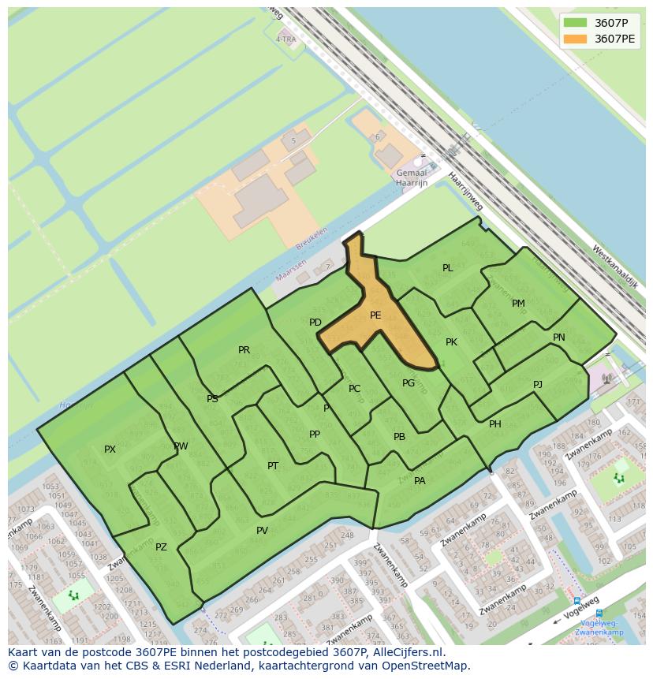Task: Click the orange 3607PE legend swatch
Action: [x=576, y=39]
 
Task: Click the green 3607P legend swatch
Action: [x=576, y=23]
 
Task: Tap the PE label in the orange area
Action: [x=375, y=315]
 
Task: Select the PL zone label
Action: [x=447, y=268]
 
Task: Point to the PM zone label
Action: [x=518, y=304]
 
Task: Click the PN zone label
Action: [x=558, y=338]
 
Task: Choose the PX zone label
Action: [x=110, y=450]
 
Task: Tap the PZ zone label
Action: [x=161, y=547]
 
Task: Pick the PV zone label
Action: [x=262, y=531]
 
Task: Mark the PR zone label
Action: [x=244, y=350]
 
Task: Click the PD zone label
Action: [x=315, y=323]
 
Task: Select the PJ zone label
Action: [x=538, y=385]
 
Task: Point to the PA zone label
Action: [x=420, y=481]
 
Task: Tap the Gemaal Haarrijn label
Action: [x=412, y=178]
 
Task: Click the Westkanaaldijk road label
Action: [x=614, y=266]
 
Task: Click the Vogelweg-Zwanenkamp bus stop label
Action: [x=599, y=627]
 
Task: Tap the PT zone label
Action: [x=273, y=466]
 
